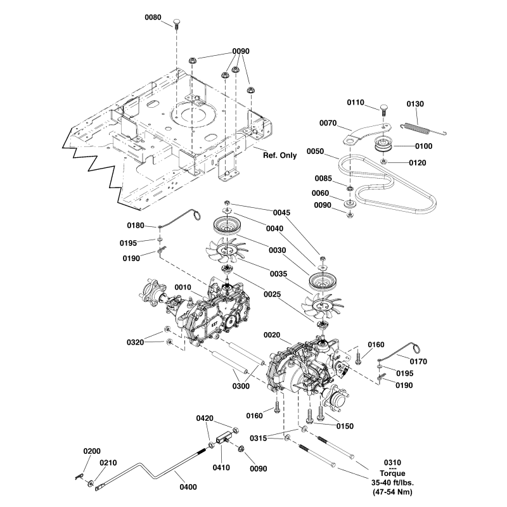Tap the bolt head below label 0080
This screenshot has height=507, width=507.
coord(177,24)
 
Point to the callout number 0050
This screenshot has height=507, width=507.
coord(315,151)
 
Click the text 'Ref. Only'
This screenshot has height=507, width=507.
coord(279,155)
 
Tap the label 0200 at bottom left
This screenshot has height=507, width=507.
coord(92,451)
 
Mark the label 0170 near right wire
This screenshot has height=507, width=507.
coord(419,361)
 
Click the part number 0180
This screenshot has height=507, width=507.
coord(136,225)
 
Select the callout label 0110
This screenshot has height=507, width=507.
coord(356,102)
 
